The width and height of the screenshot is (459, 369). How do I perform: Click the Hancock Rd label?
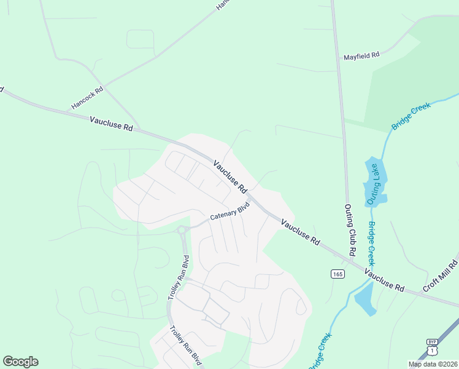pos(87,98)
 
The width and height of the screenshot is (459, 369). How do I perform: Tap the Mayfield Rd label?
pos(361,55)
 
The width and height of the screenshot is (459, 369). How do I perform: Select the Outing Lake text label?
pos(374,184)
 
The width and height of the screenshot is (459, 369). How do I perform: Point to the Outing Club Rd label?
pos(350,230)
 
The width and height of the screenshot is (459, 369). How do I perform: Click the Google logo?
pos(20,361)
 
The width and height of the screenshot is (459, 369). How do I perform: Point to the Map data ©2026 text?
pos(433,364)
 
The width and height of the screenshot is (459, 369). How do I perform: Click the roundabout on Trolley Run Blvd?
pos(182,231)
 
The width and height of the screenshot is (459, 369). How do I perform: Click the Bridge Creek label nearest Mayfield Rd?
pos(412,116)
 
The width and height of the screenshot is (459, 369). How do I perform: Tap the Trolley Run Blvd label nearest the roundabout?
pos(178,277)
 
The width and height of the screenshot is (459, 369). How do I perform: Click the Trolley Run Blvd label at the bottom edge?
pos(186,345)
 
